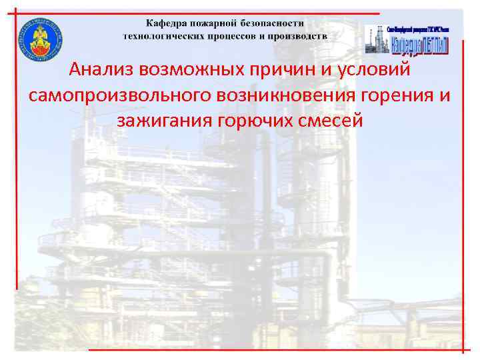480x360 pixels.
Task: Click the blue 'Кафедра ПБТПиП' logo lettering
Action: pyautogui.click(x=419, y=45)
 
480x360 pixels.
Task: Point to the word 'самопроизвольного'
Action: pyautogui.click(x=118, y=95)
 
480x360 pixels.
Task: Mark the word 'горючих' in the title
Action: pyautogui.click(x=258, y=121)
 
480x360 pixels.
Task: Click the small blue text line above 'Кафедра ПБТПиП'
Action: pyautogui.click(x=419, y=30)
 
